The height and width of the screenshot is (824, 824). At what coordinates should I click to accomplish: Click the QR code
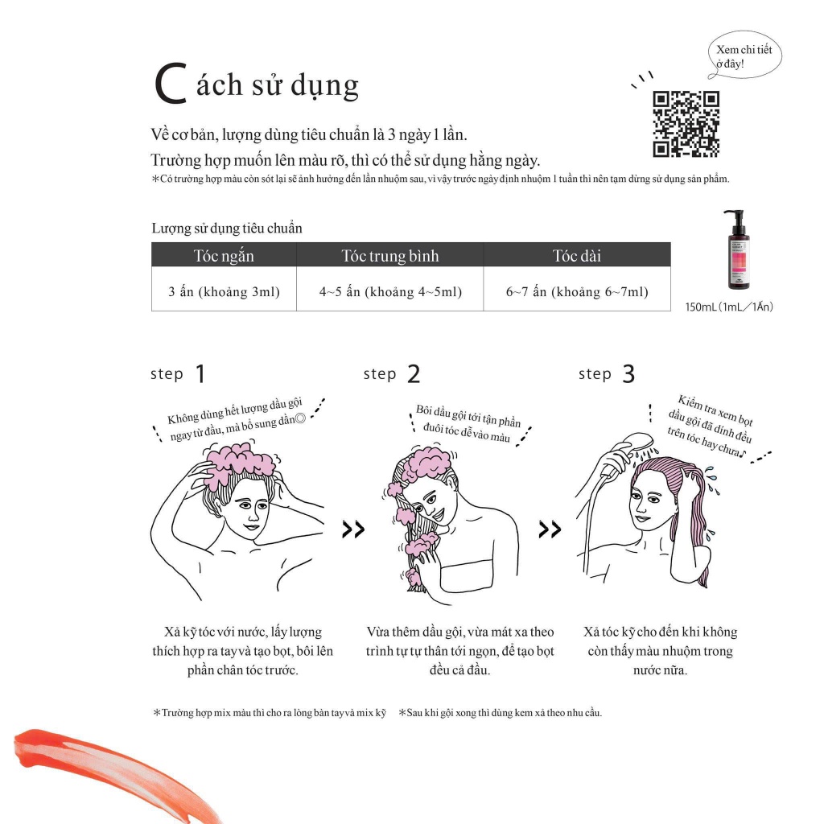686,124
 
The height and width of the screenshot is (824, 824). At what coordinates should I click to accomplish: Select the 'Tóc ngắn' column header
224,255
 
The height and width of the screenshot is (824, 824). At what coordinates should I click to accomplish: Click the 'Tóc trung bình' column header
390,255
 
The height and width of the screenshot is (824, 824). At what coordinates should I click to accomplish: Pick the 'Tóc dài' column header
577,255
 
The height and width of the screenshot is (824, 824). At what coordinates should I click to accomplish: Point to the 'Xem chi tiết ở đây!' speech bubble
744,56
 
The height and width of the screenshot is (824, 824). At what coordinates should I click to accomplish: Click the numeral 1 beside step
200,374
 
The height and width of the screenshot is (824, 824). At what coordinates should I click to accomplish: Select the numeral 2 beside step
414,374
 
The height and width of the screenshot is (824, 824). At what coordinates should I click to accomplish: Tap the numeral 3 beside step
628,374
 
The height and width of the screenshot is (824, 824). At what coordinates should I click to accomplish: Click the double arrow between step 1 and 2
353,529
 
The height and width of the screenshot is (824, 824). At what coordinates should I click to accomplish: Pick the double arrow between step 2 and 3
550,529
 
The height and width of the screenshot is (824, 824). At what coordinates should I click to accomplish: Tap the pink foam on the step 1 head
239,463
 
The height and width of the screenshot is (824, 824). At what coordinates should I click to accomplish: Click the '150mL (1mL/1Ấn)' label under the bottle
729,307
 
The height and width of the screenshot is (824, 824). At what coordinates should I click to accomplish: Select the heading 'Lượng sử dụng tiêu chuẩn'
227,228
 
